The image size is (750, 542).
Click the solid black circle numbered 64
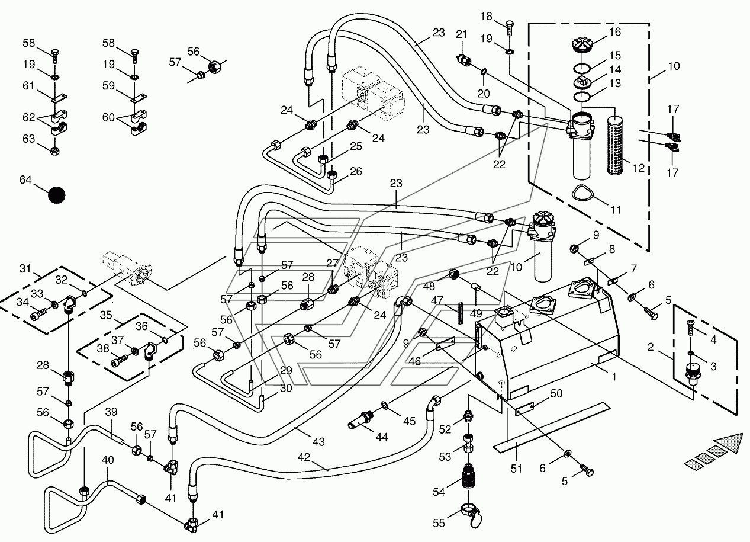point(57,195)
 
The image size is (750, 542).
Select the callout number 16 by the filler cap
point(615,32)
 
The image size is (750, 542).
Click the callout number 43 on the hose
point(318,442)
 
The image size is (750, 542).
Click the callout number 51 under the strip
point(516,469)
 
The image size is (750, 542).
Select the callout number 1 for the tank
point(614,377)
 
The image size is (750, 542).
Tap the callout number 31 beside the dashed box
point(25,268)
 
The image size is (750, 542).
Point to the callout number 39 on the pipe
point(111,412)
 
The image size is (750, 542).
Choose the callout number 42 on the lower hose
point(304,457)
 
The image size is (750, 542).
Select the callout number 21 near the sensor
point(462,34)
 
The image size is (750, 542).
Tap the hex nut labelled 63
point(55,152)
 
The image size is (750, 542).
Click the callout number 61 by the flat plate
point(28,86)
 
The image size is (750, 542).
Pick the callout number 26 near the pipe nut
point(356,171)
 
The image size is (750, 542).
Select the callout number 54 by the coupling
point(439,492)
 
